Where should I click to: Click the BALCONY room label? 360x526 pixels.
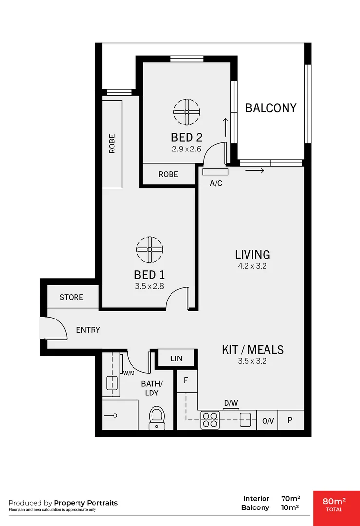pos(271,108)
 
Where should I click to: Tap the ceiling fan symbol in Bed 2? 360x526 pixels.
pos(187,112)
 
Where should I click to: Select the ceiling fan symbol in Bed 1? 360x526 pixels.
pos(150,249)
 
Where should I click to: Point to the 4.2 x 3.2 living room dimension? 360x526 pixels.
pos(252,266)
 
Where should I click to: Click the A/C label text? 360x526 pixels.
pos(216,184)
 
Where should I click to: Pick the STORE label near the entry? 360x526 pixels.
pos(72,297)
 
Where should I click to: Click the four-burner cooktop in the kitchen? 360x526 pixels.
pos(210,419)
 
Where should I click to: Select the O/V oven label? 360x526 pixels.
pos(267,421)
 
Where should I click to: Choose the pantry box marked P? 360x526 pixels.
pos(290,420)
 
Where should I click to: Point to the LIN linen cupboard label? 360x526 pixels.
pos(176,358)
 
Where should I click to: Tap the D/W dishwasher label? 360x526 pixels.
pos(230,403)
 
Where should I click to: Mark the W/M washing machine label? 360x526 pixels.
pos(129,373)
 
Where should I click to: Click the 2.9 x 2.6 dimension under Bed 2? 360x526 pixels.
pos(187,149)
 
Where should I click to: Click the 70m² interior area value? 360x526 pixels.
pos(290,499)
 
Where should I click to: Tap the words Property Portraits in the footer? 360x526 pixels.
pos(86,503)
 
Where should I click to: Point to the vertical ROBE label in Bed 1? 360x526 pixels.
pos(112,144)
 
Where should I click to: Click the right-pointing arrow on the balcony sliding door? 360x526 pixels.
pos(255,171)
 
